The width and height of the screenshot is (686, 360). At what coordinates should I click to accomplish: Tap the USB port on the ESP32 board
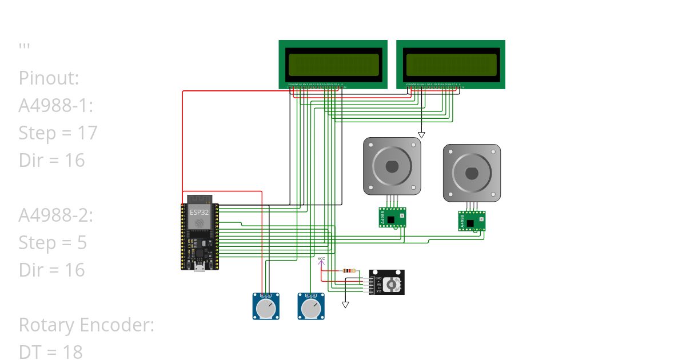[200, 267]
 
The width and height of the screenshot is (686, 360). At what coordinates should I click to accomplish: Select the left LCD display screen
[333, 65]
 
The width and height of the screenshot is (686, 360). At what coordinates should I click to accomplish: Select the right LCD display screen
[450, 65]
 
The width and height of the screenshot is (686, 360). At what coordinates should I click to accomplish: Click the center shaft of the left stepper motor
[392, 166]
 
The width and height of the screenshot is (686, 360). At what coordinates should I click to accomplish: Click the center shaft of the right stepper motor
[472, 173]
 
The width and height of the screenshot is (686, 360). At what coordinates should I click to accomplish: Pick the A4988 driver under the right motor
[472, 221]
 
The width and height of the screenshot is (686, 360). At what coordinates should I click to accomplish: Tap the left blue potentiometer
[266, 307]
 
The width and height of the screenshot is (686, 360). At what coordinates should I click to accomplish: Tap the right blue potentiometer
[310, 307]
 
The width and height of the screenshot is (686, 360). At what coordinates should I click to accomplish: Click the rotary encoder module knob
[391, 284]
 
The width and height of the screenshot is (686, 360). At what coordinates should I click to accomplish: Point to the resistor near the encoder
[349, 271]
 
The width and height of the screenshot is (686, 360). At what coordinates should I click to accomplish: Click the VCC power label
[321, 259]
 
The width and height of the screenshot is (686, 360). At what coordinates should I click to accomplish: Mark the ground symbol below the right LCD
[421, 135]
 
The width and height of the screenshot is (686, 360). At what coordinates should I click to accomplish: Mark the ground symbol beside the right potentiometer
[345, 305]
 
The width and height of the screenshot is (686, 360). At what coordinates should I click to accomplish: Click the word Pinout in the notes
[49, 78]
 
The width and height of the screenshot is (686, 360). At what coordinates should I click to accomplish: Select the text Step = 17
[58, 133]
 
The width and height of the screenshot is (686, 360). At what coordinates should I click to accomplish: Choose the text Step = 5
[53, 243]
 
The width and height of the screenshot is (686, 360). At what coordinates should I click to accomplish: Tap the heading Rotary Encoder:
[86, 325]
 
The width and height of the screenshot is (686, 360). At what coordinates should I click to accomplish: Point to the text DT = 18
[50, 352]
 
